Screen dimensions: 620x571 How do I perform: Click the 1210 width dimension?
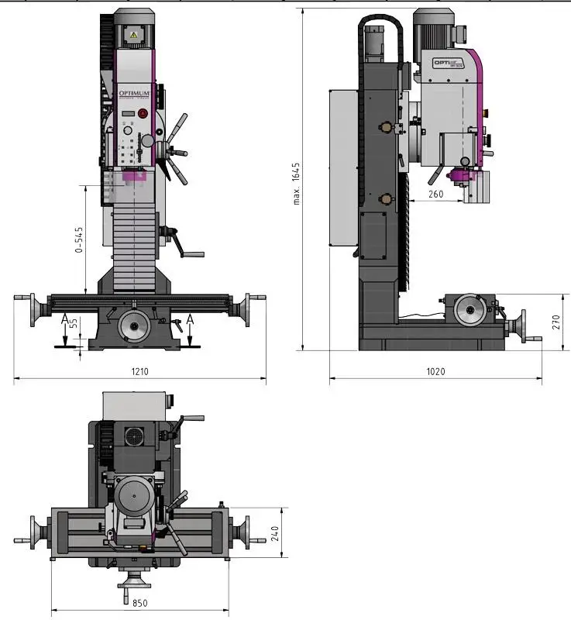[x=139, y=372]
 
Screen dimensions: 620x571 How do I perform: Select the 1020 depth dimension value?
[x=435, y=372]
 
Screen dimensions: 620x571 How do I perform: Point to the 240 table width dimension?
[x=274, y=534]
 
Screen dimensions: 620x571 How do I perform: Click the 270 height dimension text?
[x=555, y=322]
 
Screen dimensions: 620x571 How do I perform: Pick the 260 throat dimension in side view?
[x=435, y=195]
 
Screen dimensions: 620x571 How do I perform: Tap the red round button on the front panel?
[x=143, y=114]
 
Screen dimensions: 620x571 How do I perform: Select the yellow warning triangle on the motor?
[x=133, y=36]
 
